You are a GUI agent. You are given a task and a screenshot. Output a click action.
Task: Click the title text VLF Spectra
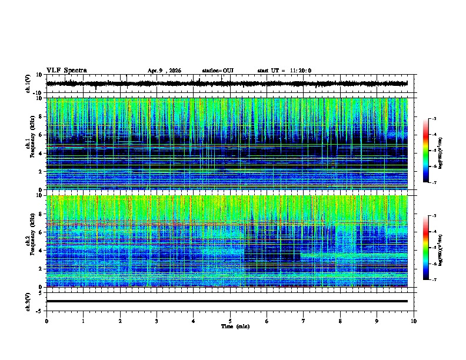point(66,71)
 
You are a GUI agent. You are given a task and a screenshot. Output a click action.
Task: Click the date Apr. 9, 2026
point(164,71)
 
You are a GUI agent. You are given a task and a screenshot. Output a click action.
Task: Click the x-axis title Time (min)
point(235,326)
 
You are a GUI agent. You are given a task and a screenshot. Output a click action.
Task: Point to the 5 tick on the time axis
point(230,321)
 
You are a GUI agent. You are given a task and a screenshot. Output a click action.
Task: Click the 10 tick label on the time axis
point(414,321)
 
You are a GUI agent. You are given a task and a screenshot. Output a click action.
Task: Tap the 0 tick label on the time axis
point(46,321)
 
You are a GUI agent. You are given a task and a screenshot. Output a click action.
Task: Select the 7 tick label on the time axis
point(304,321)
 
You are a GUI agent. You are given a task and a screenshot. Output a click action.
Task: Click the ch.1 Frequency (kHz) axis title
point(30,144)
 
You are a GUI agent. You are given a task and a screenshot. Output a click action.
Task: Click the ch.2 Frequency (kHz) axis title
point(30,241)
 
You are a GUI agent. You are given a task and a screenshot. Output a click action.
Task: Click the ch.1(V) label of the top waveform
point(28,84)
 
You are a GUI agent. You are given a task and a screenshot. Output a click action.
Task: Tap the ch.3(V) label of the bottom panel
point(28,301)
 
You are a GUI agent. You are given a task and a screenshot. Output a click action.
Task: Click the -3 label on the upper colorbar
point(435,119)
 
